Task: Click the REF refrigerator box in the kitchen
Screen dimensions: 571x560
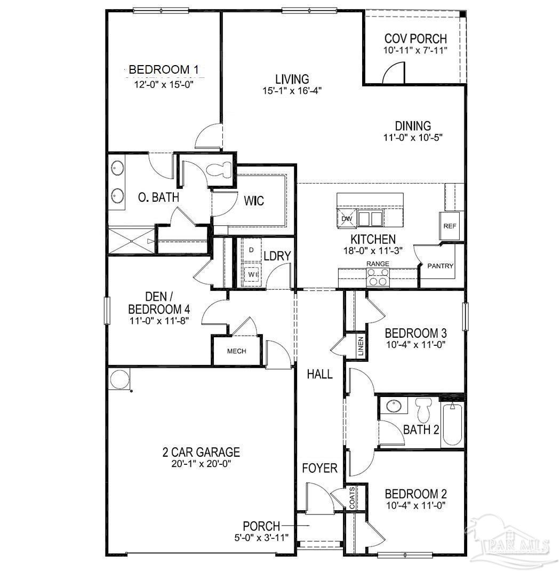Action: click(450, 225)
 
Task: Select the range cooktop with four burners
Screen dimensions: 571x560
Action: click(377, 278)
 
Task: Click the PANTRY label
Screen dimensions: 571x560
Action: click(441, 266)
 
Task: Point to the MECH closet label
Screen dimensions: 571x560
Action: click(236, 351)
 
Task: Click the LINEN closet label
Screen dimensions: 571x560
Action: click(361, 347)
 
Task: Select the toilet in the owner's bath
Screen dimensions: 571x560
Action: click(220, 170)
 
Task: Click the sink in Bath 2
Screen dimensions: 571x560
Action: click(394, 406)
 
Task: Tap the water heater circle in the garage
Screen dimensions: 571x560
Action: click(118, 379)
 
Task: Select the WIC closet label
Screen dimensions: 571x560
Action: click(254, 201)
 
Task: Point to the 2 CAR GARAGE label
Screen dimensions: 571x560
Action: click(201, 453)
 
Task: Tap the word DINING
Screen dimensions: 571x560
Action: click(413, 126)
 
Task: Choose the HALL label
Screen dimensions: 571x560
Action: click(319, 374)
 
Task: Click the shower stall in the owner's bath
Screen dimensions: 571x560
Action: click(131, 241)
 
